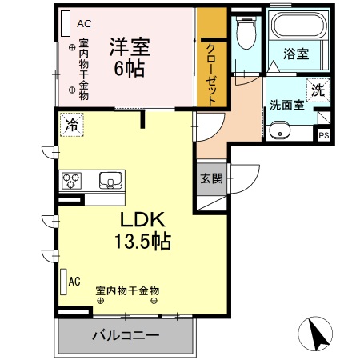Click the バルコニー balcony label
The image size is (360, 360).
(125, 334)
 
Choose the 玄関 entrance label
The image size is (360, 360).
(211, 178)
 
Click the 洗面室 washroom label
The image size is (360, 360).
(286, 103)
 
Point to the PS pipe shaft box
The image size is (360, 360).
(323, 134)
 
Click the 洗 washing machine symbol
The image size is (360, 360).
(318, 90)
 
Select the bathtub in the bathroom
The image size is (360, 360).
(296, 27)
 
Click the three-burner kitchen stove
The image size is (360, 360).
(73, 179)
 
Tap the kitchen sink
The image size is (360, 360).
(110, 179)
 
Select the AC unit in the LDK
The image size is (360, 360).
(63, 281)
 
